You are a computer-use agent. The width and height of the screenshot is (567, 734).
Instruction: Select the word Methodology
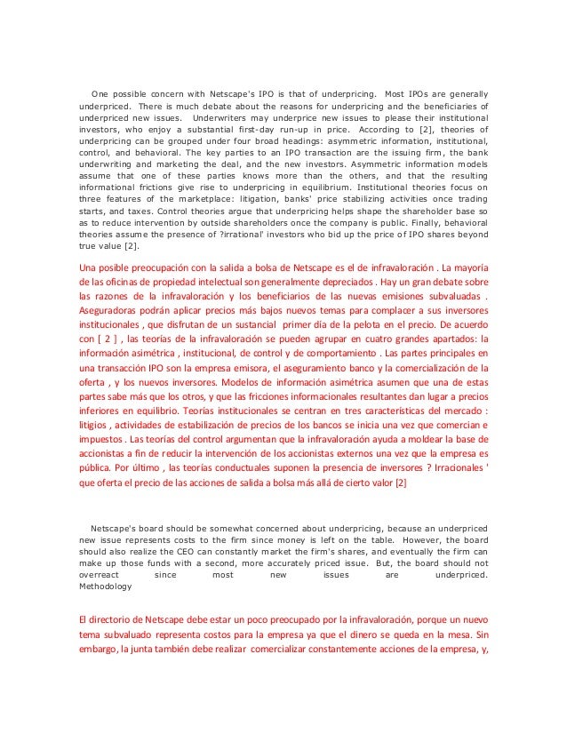click(x=106, y=587)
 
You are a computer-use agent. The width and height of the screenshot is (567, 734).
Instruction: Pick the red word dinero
click(x=395, y=635)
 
